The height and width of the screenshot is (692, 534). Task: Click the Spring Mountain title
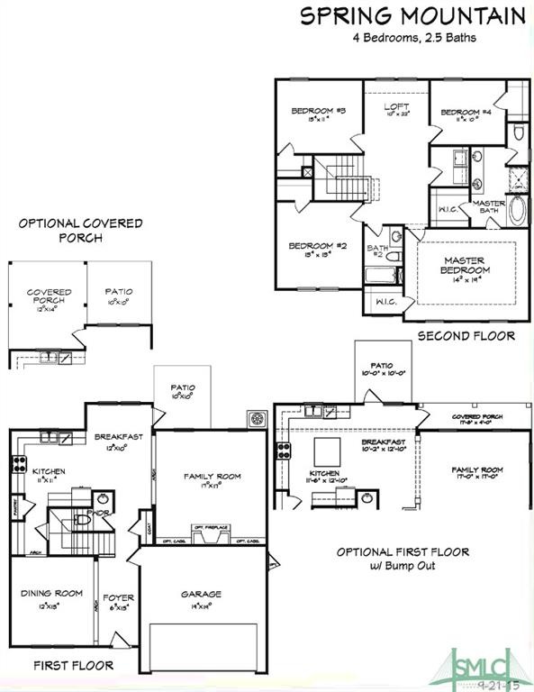[412, 15]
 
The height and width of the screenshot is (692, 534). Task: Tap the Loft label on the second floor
[396, 107]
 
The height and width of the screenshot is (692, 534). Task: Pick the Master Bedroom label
[466, 266]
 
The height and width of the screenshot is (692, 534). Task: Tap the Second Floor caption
[466, 336]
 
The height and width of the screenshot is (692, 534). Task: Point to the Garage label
[200, 594]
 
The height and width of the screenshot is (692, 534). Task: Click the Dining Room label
[51, 593]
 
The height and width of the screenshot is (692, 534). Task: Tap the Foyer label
[118, 596]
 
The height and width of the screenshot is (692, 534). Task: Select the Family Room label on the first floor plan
[212, 477]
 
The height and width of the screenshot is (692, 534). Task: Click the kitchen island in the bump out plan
[325, 450]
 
